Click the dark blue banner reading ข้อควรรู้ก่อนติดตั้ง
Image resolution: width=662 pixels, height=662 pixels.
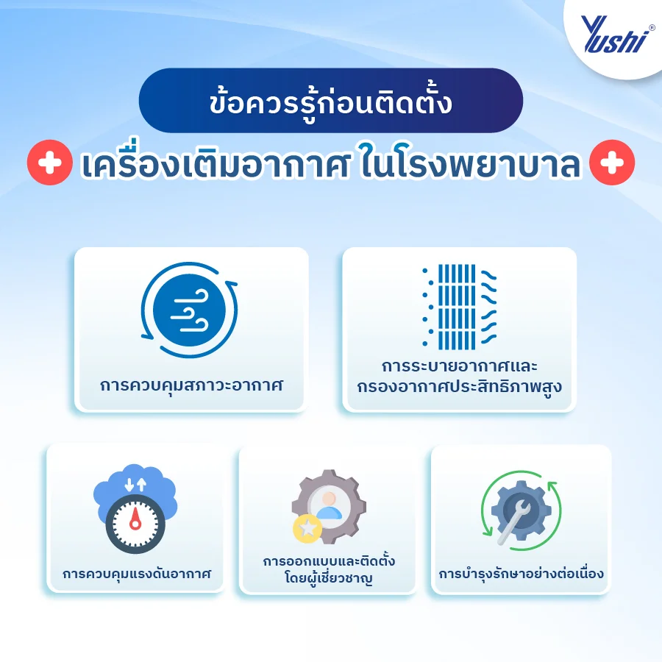click(330, 101)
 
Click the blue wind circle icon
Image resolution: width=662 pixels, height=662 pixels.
click(190, 311)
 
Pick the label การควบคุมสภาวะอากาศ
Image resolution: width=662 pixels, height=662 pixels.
click(191, 385)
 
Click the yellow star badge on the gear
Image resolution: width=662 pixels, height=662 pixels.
click(306, 528)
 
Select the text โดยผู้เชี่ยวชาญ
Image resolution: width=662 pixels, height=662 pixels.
click(328, 579)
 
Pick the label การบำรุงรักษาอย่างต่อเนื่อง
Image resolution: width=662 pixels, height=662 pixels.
click(522, 573)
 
